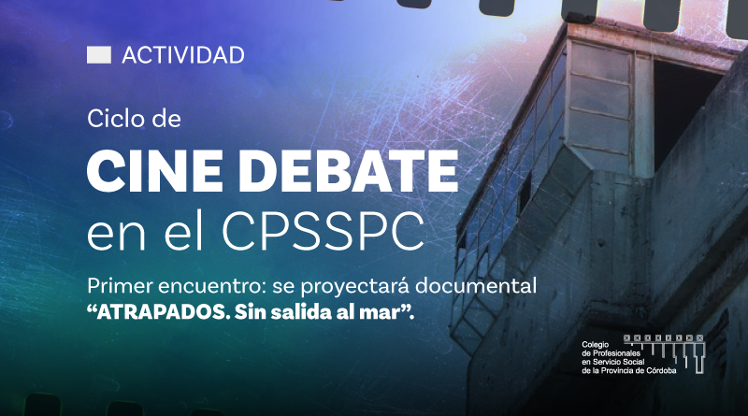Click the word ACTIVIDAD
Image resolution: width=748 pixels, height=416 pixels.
(x=183, y=55)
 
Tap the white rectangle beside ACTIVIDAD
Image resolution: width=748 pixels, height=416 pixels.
(x=99, y=55)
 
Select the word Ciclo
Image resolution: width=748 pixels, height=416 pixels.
(x=115, y=119)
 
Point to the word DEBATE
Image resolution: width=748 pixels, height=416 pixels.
(x=348, y=170)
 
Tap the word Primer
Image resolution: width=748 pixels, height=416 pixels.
(x=120, y=286)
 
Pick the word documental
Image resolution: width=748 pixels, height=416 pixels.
(x=476, y=286)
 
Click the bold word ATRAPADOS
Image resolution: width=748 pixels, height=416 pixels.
(x=157, y=312)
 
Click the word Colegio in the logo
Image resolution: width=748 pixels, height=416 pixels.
(x=596, y=345)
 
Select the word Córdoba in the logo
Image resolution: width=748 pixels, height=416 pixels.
(x=661, y=371)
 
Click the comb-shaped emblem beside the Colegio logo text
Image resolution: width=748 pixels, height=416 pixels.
(x=664, y=353)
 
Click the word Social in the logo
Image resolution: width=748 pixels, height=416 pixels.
(x=634, y=362)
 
